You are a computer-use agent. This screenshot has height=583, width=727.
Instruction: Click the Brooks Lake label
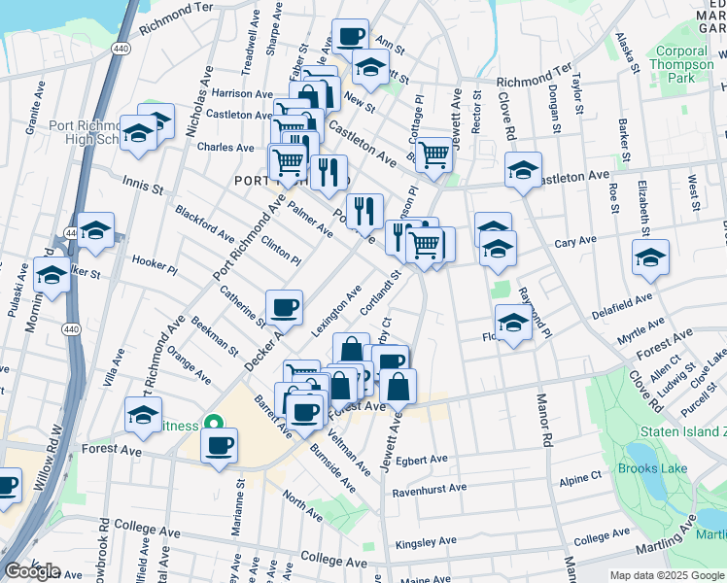(652, 468)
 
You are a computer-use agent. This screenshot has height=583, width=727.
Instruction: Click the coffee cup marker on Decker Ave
(285, 307)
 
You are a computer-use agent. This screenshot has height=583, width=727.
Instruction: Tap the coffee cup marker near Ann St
(350, 36)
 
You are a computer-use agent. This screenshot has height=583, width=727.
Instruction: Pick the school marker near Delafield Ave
(650, 257)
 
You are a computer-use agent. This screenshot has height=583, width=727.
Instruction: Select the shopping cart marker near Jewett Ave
(433, 152)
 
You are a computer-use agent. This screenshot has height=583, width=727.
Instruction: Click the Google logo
(32, 571)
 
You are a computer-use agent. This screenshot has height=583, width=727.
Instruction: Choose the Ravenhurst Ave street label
(430, 490)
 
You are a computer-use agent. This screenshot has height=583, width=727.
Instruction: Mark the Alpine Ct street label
(581, 478)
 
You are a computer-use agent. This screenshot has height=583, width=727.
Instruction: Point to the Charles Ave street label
(225, 148)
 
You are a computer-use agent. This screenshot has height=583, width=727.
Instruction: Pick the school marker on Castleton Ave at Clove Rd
(523, 172)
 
